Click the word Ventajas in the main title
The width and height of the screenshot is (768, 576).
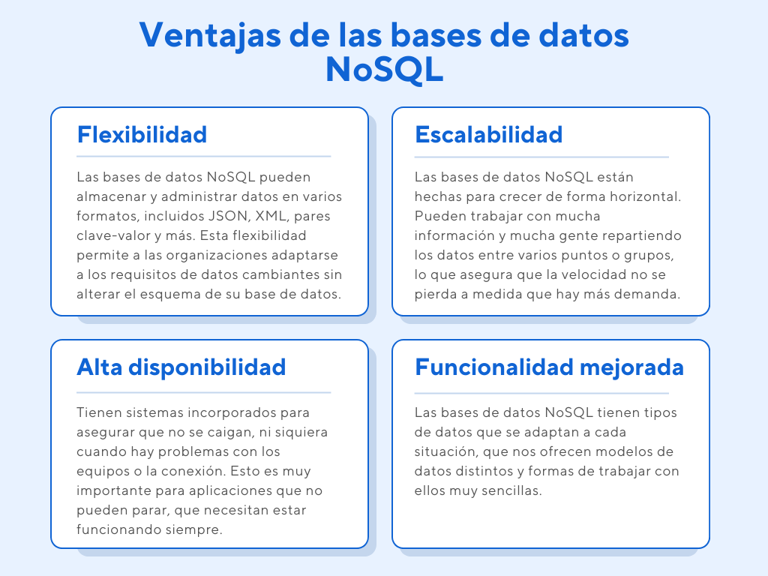tap(210, 36)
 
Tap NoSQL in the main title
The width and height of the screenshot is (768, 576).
tap(385, 70)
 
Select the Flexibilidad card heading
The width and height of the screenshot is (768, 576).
tap(142, 135)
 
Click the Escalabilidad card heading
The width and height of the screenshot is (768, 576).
tap(488, 135)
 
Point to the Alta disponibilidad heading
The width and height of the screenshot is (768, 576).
tap(181, 367)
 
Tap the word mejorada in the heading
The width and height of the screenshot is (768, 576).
tap(631, 367)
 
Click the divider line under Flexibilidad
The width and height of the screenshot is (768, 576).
tap(204, 157)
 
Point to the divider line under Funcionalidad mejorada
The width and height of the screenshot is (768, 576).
tap(541, 393)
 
